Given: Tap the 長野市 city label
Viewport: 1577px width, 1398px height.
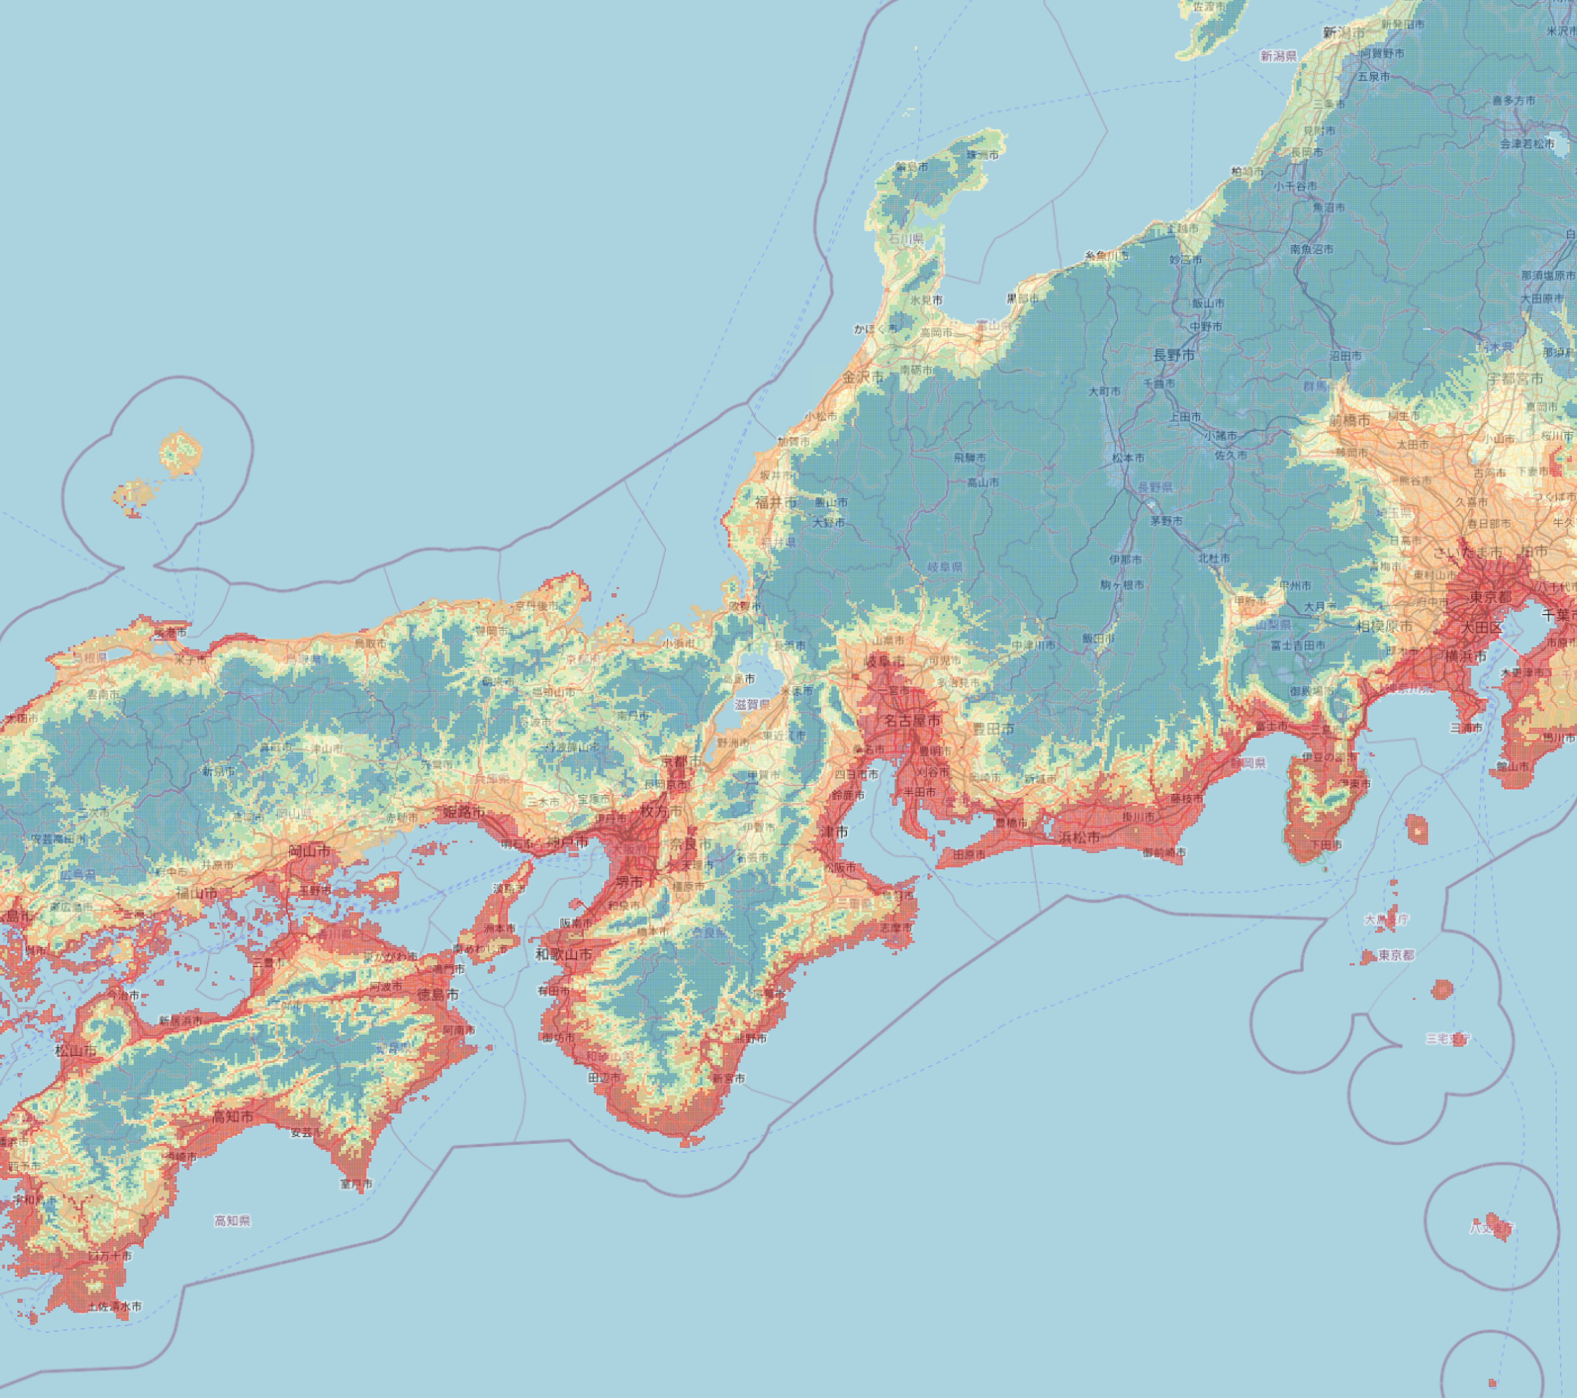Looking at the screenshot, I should click(x=1174, y=355).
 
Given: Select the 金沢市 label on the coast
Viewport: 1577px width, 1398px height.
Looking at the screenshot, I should click(x=863, y=377).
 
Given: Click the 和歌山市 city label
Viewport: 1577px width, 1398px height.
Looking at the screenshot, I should click(x=564, y=954).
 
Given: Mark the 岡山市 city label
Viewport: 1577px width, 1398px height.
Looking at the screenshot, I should click(x=309, y=850).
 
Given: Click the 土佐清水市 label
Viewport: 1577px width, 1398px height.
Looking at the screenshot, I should click(x=114, y=1306).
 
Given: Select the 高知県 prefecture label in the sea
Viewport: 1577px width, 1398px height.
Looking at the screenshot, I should click(x=232, y=1220).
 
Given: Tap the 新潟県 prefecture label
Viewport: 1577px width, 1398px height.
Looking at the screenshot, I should click(x=1278, y=56).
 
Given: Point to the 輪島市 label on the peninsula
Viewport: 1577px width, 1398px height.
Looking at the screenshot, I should click(x=912, y=166).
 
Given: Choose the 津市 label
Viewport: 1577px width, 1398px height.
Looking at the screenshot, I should click(x=836, y=831).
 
